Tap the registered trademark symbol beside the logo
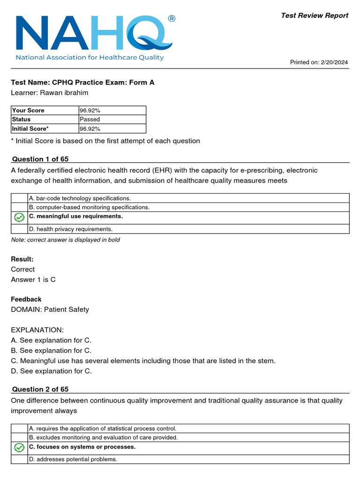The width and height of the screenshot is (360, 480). pos(172,19)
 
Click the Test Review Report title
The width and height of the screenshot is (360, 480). pos(314,15)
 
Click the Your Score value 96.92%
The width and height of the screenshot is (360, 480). pos(90,111)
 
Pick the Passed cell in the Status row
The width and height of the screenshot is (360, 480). pos(90,120)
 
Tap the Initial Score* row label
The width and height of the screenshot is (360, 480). pos(30,128)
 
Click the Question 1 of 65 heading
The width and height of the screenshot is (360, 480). pos(40,159)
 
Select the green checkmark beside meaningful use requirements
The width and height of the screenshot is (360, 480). pos(19,217)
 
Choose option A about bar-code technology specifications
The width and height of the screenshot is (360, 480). pos(80,198)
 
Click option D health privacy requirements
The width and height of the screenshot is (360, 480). pos(70,229)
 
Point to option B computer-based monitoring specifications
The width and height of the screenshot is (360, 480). pos(89,207)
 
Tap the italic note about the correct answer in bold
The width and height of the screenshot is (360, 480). pos(66,240)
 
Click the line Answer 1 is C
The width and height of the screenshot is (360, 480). pos(33,279)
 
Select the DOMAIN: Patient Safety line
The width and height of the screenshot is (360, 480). pos(50,309)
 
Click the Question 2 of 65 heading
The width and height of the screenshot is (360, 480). pos(40,390)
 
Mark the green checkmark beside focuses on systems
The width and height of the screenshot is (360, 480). pos(19,448)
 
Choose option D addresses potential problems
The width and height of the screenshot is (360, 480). pos(73,459)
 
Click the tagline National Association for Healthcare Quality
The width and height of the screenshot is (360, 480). pos(90,58)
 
